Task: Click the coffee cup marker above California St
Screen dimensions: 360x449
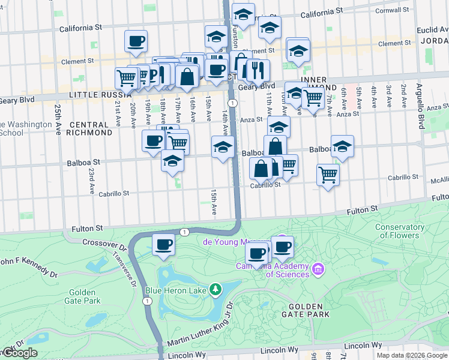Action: pyautogui.click(x=136, y=41)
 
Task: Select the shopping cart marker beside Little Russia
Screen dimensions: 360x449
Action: pyautogui.click(x=126, y=78)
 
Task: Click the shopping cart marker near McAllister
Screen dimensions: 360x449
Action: pyautogui.click(x=328, y=175)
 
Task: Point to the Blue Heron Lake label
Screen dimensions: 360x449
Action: pyautogui.click(x=176, y=291)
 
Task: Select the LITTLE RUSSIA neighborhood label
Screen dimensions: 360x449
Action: pyautogui.click(x=101, y=95)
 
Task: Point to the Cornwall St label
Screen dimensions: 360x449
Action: pyautogui.click(x=394, y=10)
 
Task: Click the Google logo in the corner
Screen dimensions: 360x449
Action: pyautogui.click(x=19, y=353)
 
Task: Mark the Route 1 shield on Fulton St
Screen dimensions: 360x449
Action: pyautogui.click(x=184, y=232)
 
